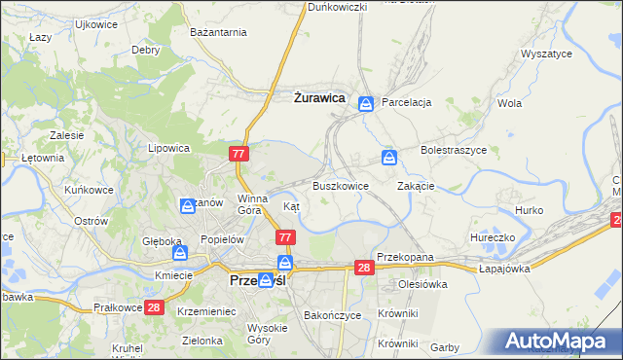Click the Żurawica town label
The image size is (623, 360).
320,97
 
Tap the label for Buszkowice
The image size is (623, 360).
340,186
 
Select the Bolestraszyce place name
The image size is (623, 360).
453,151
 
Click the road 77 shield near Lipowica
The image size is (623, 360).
240,154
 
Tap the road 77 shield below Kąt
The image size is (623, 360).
285,237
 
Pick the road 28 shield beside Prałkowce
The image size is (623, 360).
153,307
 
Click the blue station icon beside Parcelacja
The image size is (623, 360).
366,103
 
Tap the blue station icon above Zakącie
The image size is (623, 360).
389,157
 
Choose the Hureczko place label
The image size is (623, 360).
492,236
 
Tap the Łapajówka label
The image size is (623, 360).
509,269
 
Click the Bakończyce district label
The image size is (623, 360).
332,316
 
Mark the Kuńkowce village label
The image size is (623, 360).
88,190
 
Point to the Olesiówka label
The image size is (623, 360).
421,285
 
